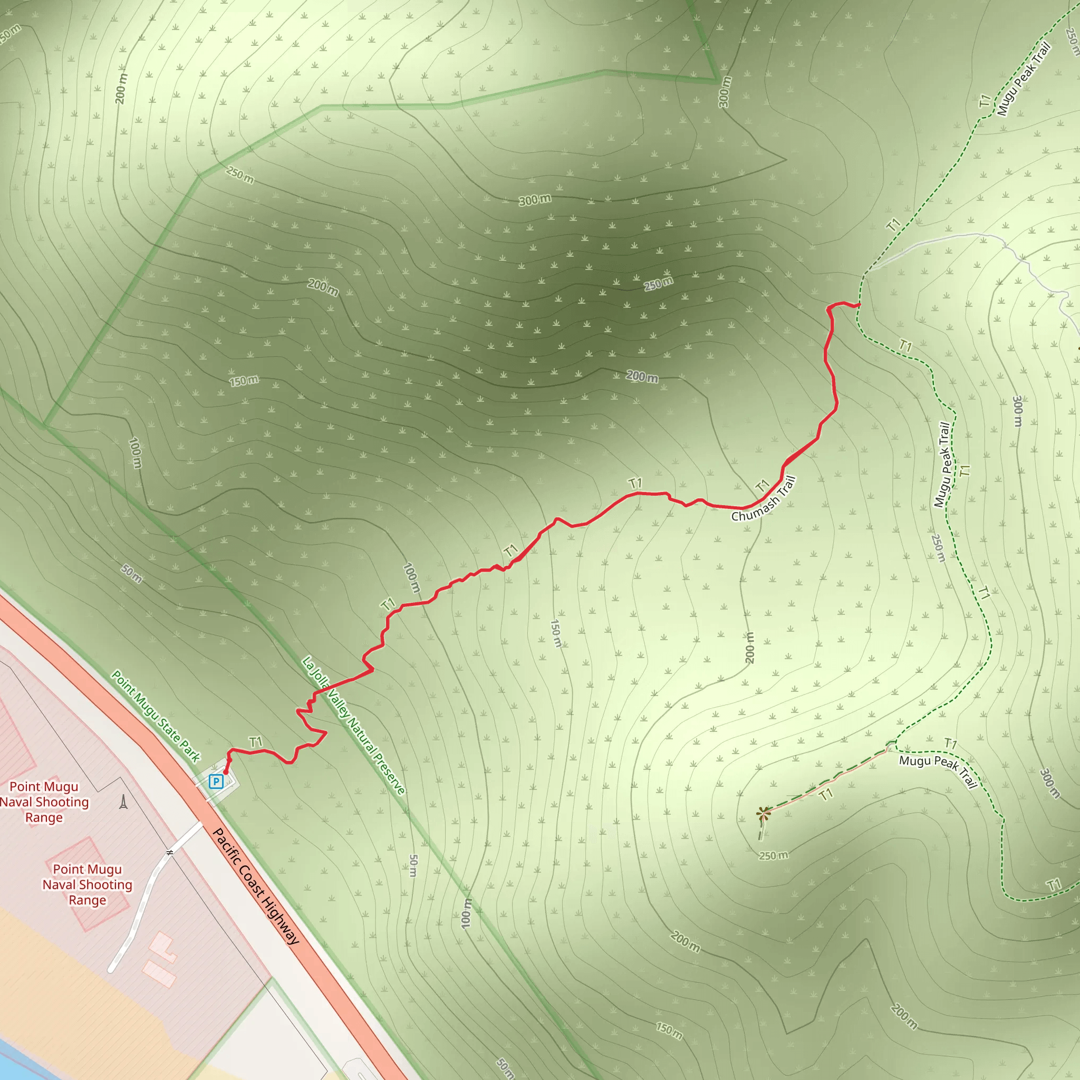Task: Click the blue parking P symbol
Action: pos(216,782)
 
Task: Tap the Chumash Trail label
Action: pos(763,499)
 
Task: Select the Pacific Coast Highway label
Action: pos(256,886)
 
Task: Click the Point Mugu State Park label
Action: pos(156,717)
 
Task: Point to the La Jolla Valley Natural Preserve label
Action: pos(353,726)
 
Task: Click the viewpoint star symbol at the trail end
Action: pos(763,814)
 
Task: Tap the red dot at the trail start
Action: pos(225,773)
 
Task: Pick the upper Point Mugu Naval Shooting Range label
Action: pos(44,802)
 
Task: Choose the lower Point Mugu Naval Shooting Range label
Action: pos(87,885)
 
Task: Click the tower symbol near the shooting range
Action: pos(123,802)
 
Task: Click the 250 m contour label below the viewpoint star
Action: pos(773,856)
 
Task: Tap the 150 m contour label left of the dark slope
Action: pos(244,381)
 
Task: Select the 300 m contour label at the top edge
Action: pos(725,92)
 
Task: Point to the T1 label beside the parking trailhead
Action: pos(256,742)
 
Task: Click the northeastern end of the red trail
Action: pos(859,305)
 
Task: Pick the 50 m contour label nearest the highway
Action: pos(132,574)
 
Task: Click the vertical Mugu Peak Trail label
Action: pos(943,465)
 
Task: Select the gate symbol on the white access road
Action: pos(169,853)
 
